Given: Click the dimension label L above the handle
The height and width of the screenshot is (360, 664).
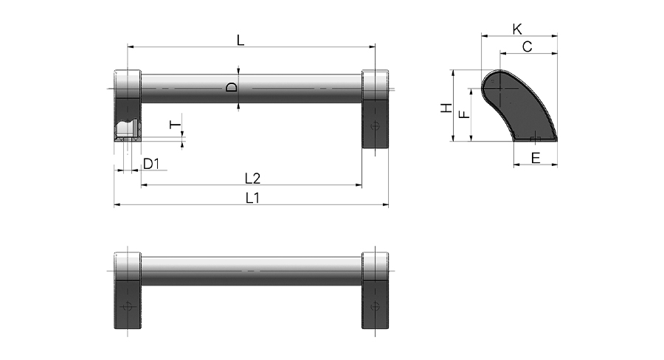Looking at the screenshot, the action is pyautogui.click(x=241, y=41).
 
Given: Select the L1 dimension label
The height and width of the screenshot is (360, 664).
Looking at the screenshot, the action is pyautogui.click(x=253, y=198).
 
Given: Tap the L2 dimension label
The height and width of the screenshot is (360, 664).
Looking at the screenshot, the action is pyautogui.click(x=253, y=179).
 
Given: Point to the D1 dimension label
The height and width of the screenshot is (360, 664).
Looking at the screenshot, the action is pyautogui.click(x=151, y=164).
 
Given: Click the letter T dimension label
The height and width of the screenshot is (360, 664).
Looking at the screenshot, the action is pyautogui.click(x=175, y=125).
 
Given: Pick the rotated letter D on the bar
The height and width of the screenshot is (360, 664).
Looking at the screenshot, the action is pyautogui.click(x=232, y=88).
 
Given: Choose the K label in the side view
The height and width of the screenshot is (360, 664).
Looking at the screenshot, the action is pyautogui.click(x=517, y=30).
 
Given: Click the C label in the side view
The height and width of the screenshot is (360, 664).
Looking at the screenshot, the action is pyautogui.click(x=528, y=46).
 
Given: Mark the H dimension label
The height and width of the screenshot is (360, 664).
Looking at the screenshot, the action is pyautogui.click(x=446, y=108).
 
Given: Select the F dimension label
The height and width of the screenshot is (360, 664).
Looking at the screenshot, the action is pyautogui.click(x=465, y=114).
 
